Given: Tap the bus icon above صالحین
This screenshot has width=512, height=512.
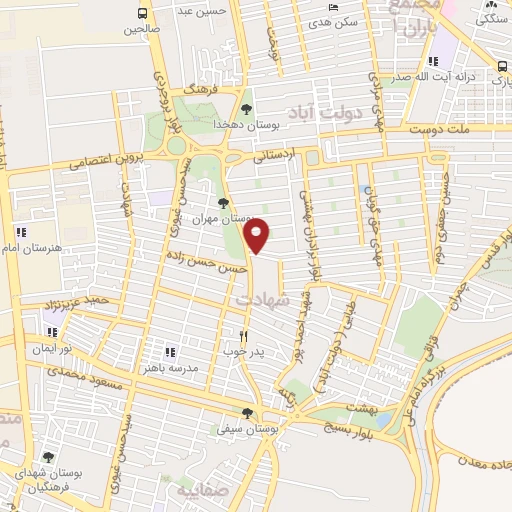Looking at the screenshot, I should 143,14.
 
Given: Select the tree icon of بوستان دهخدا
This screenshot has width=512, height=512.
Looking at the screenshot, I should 247,108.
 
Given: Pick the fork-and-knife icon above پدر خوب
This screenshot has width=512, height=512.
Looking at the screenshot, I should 242,336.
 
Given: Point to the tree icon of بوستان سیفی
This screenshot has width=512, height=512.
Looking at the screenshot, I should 247,413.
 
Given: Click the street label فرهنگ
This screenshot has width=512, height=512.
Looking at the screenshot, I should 201,90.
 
